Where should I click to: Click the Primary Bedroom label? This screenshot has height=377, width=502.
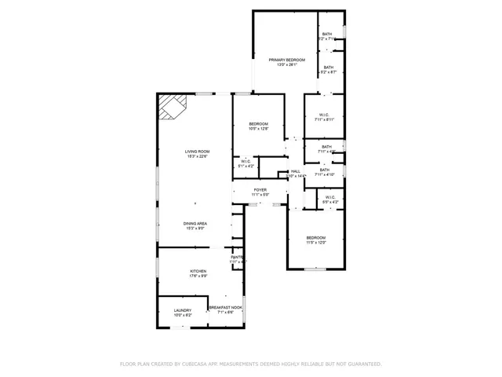tap(286, 60)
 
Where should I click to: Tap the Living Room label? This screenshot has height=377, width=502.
tap(197, 152)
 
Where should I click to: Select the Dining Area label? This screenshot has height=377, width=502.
tap(195, 224)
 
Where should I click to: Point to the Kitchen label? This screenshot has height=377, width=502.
tap(198, 270)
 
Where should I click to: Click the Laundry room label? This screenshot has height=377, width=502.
tap(183, 310)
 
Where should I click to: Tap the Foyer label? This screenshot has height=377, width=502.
tap(260, 189)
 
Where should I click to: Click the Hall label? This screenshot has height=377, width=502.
tap(296, 171)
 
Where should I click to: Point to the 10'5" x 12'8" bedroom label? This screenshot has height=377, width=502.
tap(259, 124)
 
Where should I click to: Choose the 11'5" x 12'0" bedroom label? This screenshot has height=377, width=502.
tap(316, 237)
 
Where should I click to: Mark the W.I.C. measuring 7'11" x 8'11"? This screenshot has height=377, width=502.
tap(325, 115)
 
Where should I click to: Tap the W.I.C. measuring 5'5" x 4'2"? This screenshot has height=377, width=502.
tap(331, 197)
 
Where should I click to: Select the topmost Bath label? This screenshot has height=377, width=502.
tap(327, 34)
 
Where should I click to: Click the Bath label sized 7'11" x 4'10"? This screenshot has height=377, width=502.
tap(325, 170)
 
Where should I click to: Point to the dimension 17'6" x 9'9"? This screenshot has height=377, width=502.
tap(198, 276)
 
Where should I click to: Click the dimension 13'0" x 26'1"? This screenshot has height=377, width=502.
tap(286, 65)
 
